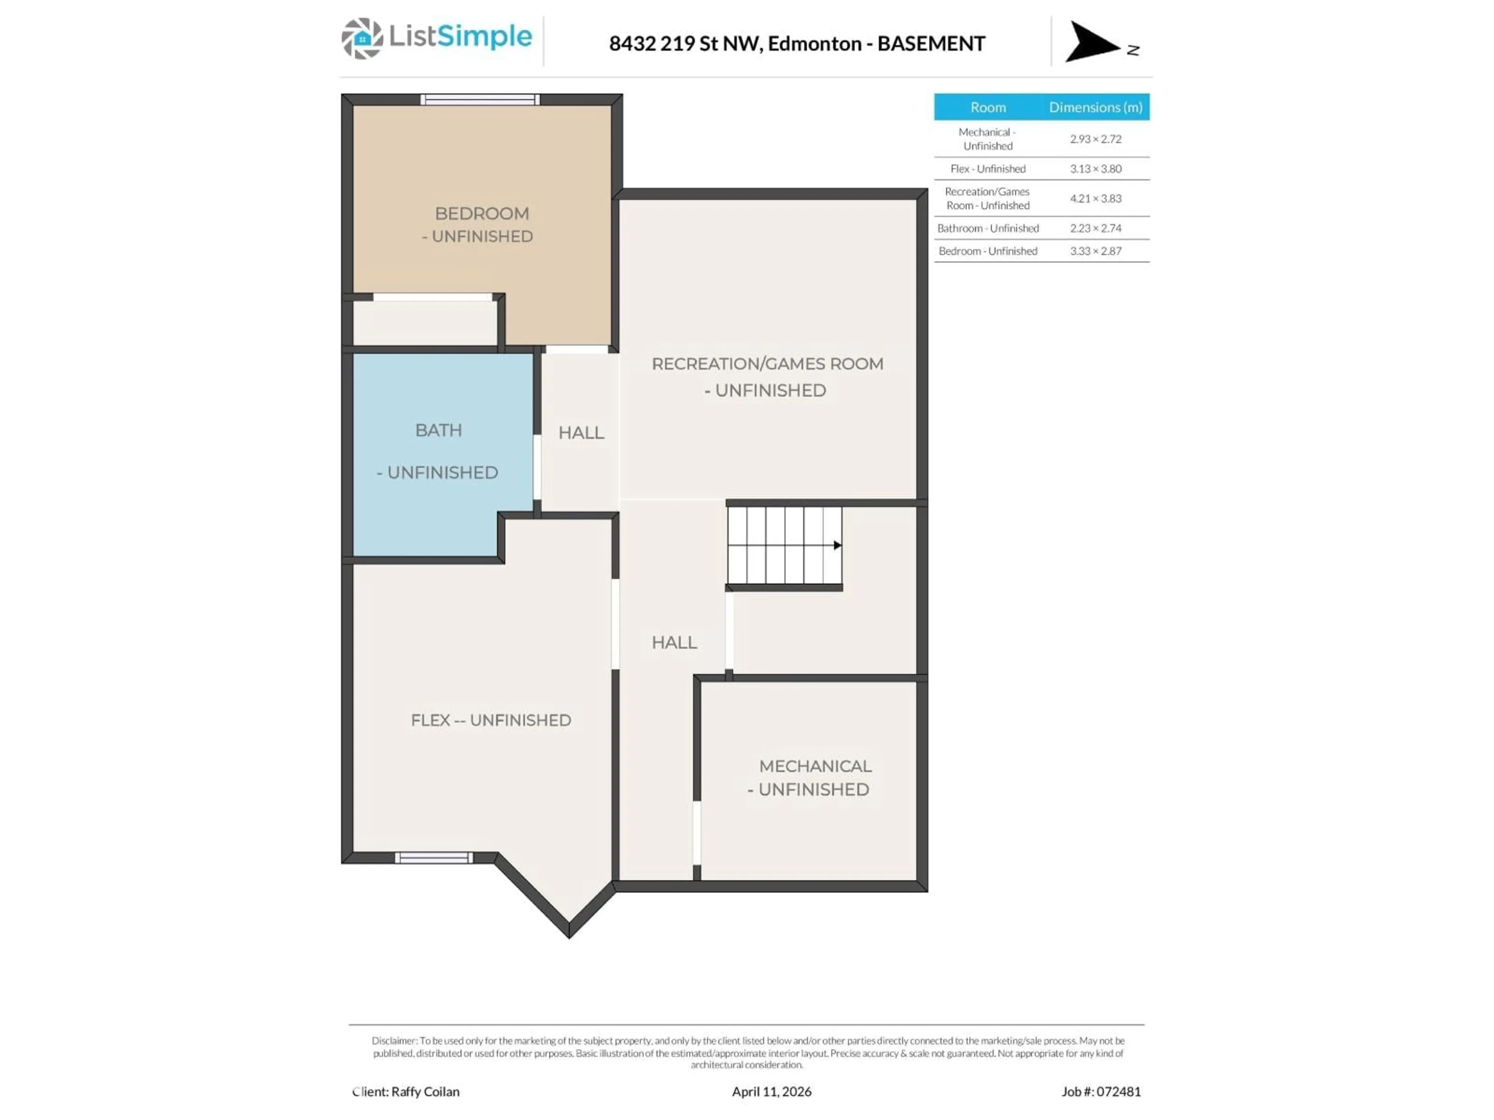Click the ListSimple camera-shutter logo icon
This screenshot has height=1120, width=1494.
362,38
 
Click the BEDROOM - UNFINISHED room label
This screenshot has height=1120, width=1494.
481,224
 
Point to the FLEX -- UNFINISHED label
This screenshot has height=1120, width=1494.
491,720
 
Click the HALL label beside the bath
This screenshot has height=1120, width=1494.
581,433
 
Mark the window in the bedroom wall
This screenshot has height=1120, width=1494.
480,100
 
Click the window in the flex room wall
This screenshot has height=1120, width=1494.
434,857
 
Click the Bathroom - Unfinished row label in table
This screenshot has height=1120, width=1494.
987,228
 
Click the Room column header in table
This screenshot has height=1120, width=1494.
987,107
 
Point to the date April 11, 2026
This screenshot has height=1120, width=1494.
771,1092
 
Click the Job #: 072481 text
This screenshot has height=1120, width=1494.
1100,1092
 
